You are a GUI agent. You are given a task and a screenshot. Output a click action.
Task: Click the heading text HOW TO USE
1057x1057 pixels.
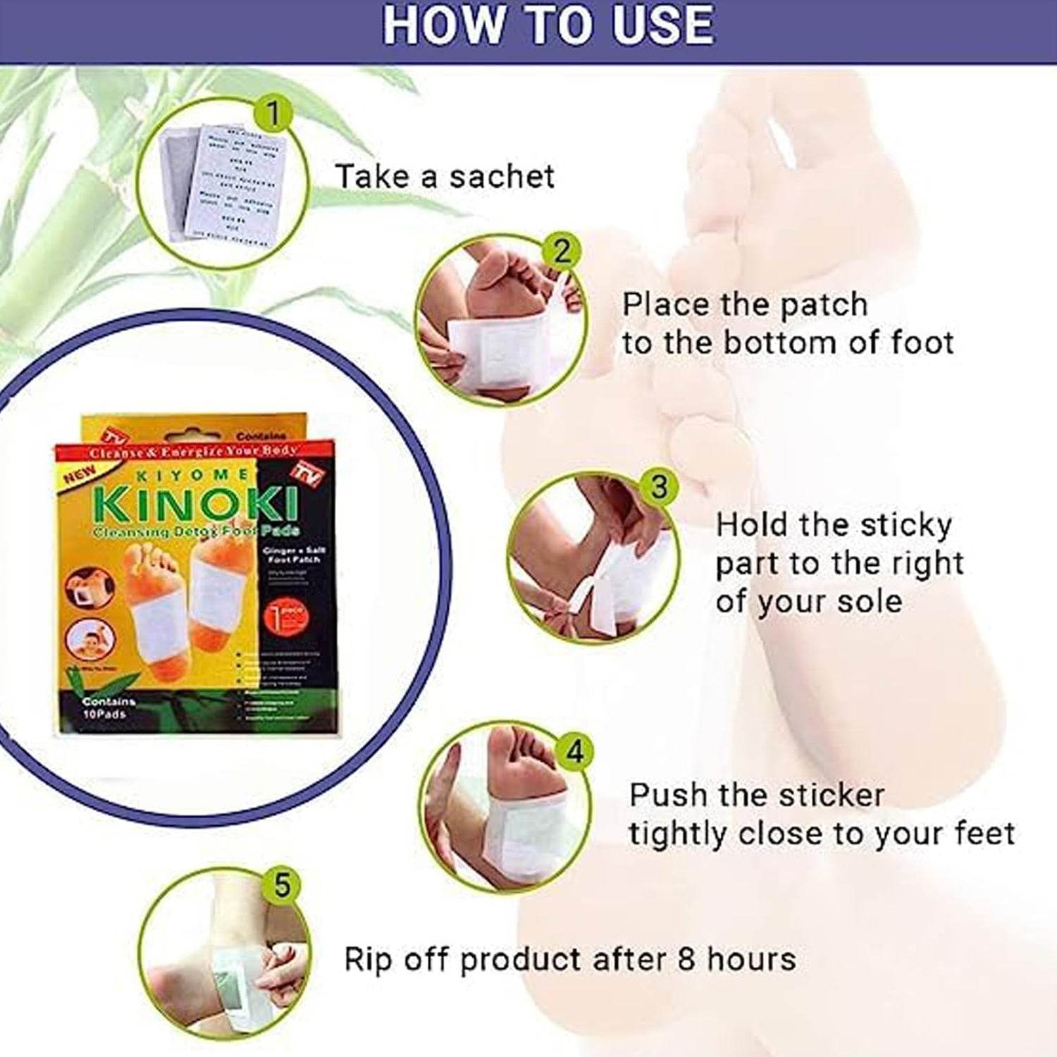548,25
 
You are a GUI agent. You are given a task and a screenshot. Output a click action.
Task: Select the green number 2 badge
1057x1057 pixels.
561,252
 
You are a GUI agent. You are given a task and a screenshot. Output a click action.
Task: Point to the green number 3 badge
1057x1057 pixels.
658,486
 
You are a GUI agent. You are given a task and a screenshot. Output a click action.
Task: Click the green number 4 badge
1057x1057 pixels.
574,751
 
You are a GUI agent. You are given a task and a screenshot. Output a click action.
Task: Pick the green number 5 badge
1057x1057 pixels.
282,884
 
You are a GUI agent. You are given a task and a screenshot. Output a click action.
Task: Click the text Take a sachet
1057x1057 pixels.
445,176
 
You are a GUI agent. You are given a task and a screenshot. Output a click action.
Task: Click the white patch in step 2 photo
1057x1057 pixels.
497,349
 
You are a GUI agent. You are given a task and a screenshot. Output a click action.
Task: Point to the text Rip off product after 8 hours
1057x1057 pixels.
569,960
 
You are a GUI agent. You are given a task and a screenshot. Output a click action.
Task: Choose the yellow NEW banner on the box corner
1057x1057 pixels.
80,476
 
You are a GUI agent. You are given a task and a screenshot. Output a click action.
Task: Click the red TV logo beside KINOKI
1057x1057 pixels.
310,473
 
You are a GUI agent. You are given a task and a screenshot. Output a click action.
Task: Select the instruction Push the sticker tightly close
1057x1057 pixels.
821,814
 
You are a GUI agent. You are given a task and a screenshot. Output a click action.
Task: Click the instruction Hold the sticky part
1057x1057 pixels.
839,563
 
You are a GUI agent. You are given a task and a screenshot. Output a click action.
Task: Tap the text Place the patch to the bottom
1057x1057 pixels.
786,324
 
